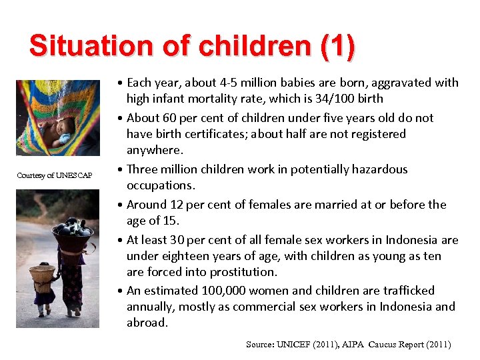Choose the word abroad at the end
[147, 323]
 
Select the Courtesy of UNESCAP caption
[55, 176]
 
